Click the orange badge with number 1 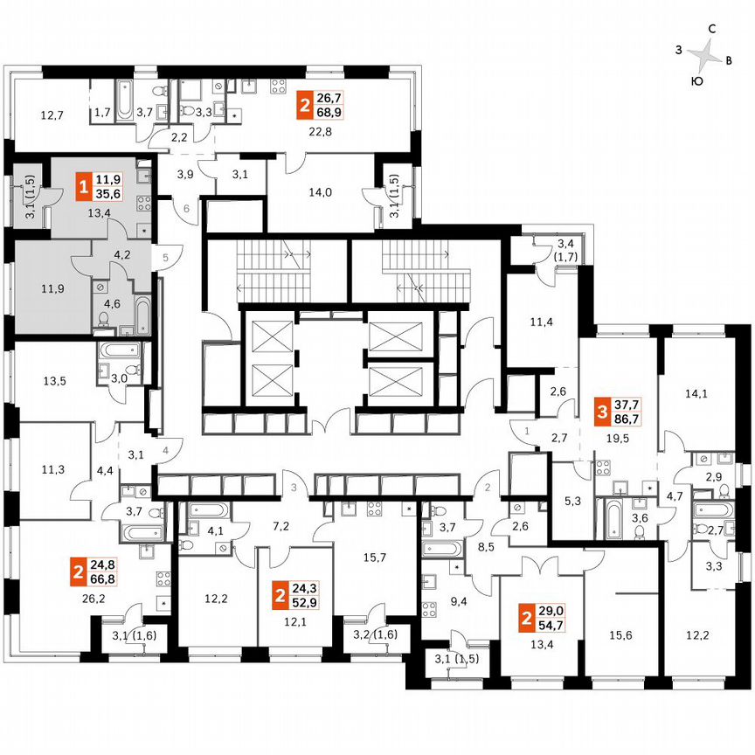[x=83, y=187]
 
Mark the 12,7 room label [x=52, y=114]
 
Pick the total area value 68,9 [x=328, y=113]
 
